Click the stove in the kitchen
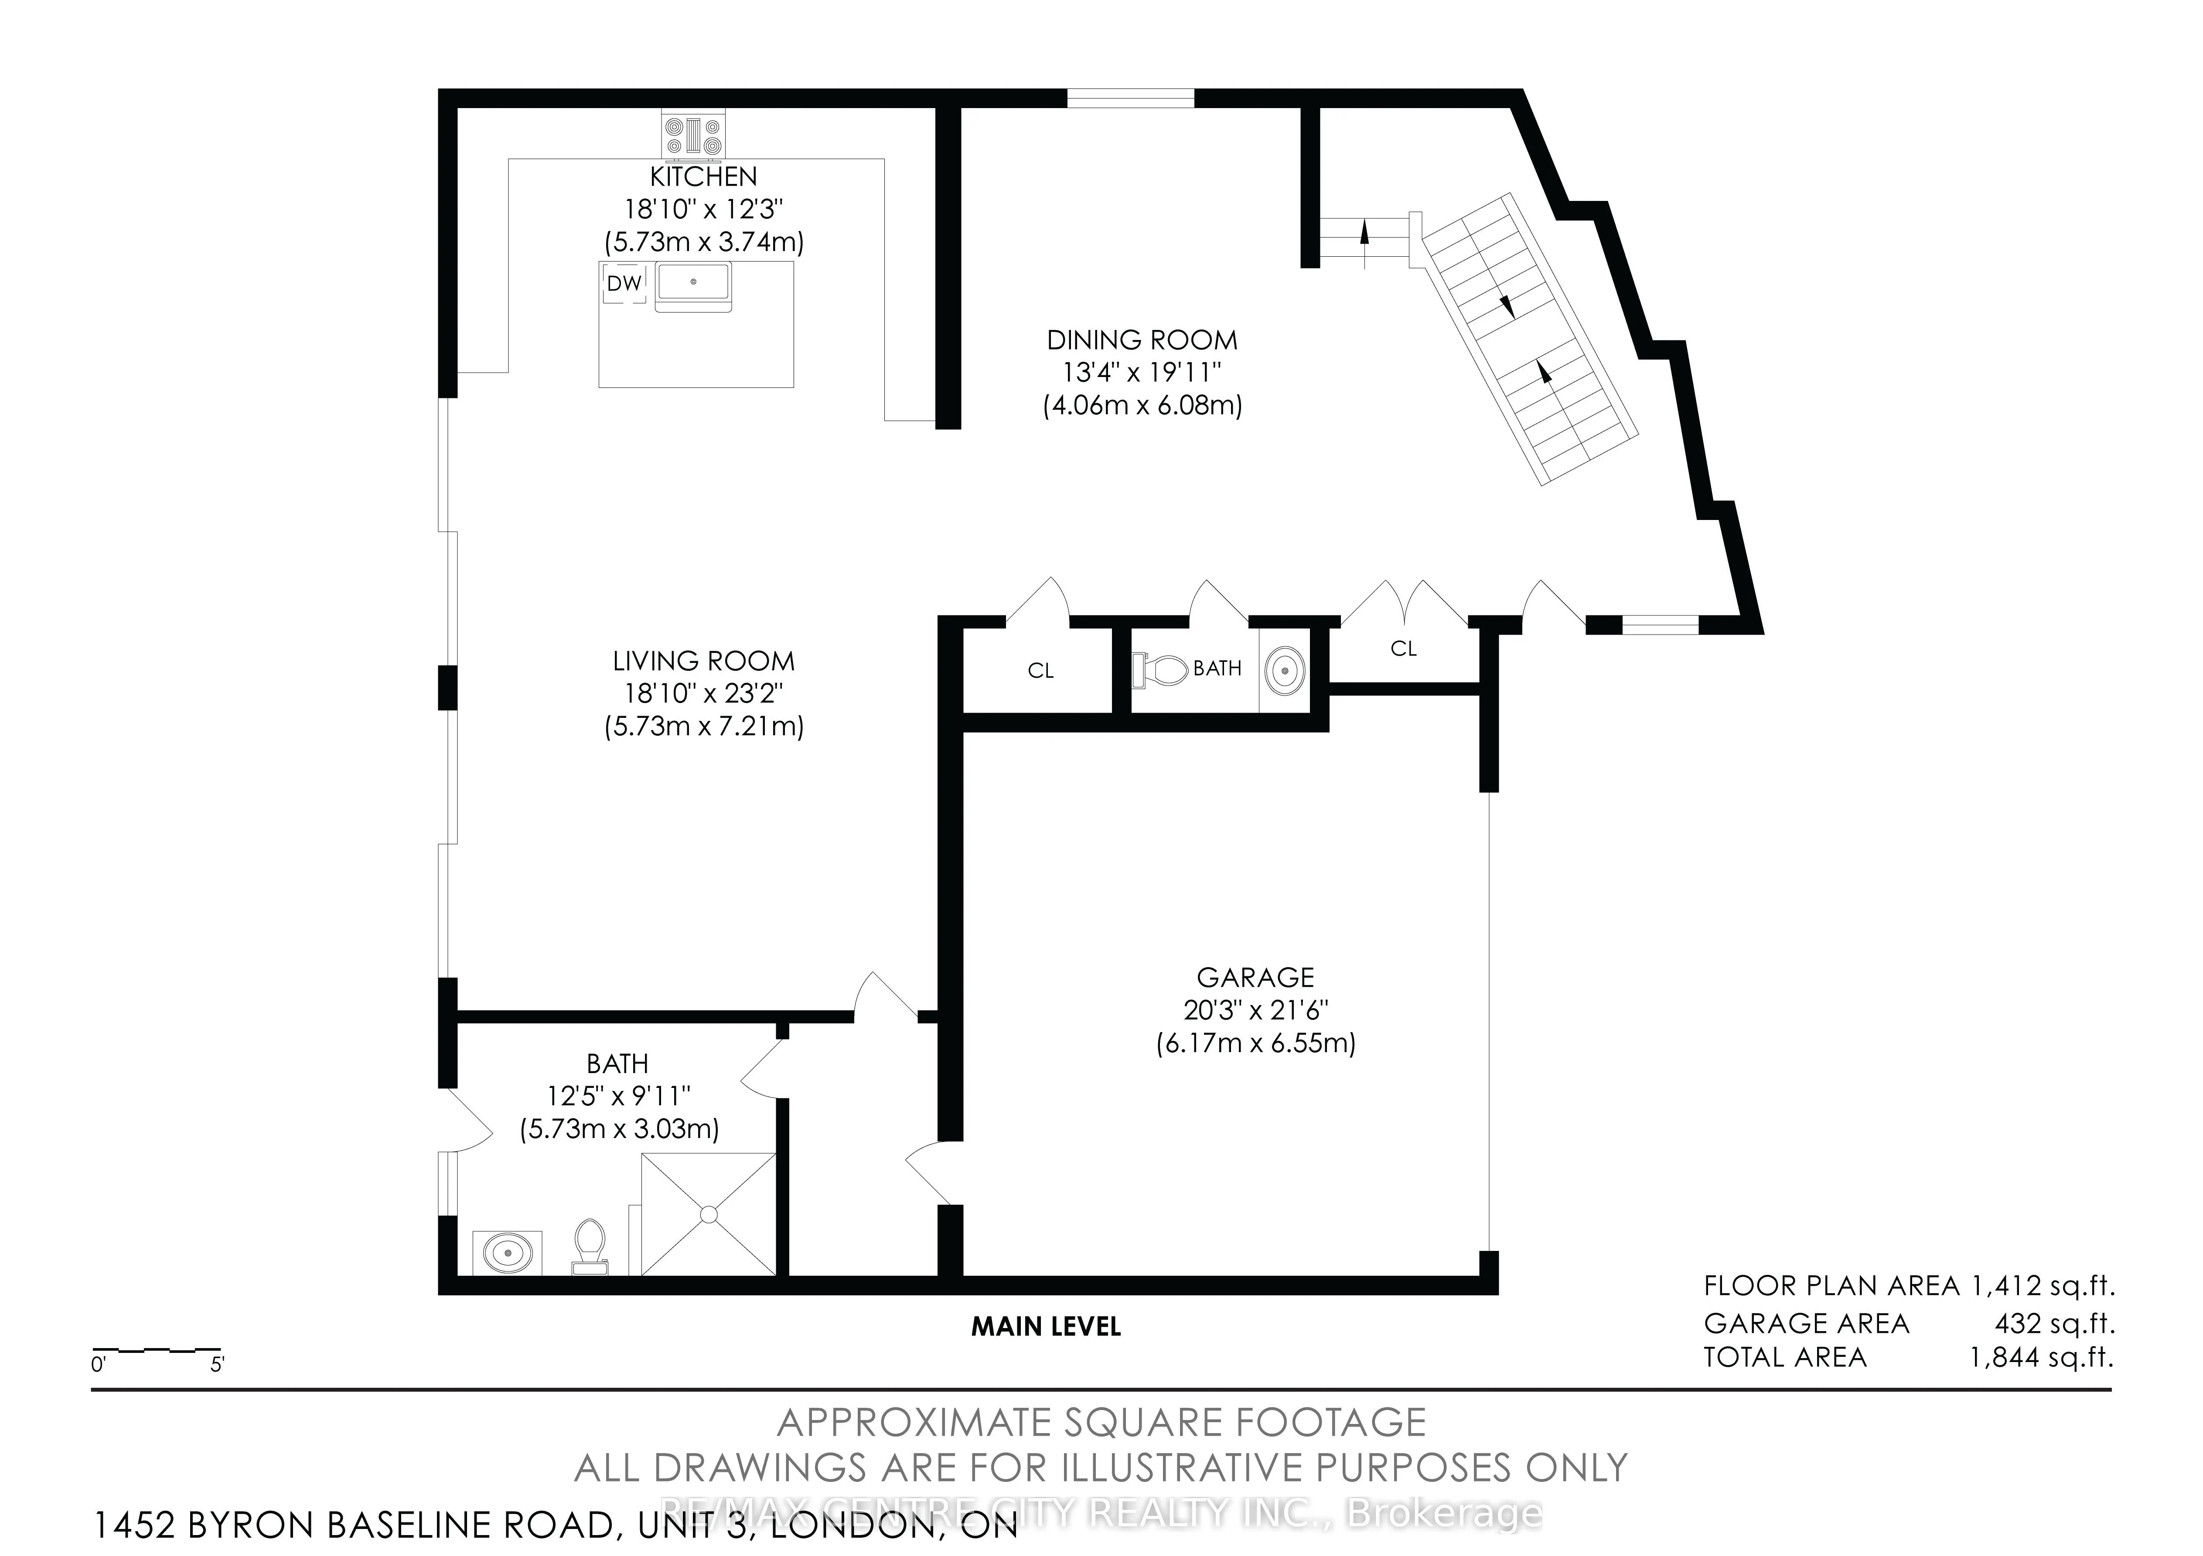[693, 134]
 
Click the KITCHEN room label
[703, 177]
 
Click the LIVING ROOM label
[703, 661]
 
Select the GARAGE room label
[1255, 978]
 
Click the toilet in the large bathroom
[589, 1244]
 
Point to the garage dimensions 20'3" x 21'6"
[1255, 1010]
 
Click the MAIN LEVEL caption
[1046, 1327]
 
